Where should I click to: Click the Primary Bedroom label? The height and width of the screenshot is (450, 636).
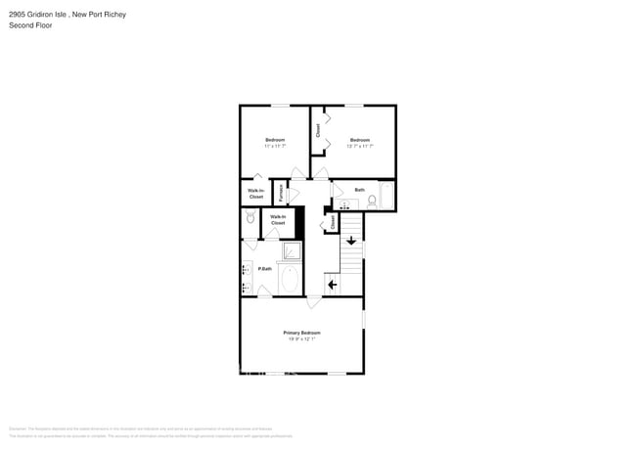pyautogui.click(x=302, y=333)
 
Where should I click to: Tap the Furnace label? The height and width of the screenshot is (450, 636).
pyautogui.click(x=281, y=192)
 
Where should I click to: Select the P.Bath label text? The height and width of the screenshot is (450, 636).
pyautogui.click(x=264, y=269)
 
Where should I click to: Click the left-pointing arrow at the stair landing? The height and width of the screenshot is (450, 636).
pyautogui.click(x=332, y=285)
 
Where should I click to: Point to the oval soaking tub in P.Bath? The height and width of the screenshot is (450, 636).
pyautogui.click(x=290, y=280)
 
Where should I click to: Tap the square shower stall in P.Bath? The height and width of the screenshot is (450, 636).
pyautogui.click(x=291, y=252)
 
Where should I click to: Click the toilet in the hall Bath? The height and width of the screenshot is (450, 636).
pyautogui.click(x=371, y=202)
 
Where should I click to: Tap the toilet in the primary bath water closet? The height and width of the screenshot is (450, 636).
pyautogui.click(x=250, y=220)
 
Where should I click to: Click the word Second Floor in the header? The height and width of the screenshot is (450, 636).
pyautogui.click(x=30, y=25)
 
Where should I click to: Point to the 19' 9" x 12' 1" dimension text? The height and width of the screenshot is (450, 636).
pyautogui.click(x=302, y=339)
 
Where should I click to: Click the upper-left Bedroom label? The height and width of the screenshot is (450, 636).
pyautogui.click(x=275, y=140)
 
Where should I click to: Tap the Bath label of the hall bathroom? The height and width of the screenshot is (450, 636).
pyautogui.click(x=359, y=190)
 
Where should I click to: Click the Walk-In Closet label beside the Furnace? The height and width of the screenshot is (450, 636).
pyautogui.click(x=255, y=194)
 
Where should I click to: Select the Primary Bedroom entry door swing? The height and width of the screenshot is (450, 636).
pyautogui.click(x=315, y=292)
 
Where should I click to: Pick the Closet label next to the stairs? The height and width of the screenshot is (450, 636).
pyautogui.click(x=333, y=223)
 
